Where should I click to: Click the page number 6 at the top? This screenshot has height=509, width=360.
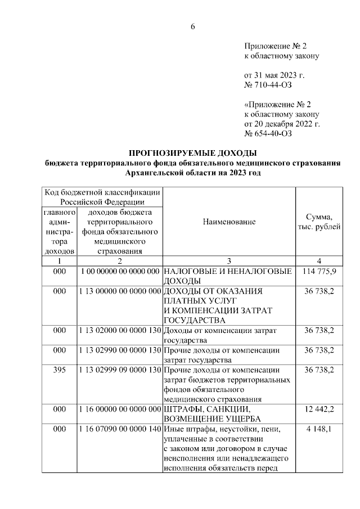(192, 26)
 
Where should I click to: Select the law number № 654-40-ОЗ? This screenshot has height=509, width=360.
(268, 134)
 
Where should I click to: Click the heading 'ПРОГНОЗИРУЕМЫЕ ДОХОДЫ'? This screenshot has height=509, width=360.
(193, 153)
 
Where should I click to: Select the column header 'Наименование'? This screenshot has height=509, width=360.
(229, 222)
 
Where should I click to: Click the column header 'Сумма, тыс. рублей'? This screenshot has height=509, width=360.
(318, 222)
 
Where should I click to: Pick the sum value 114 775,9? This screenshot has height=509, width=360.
(319, 271)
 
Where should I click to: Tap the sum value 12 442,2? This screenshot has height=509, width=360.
(319, 409)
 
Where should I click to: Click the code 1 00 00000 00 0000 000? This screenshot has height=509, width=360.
(119, 271)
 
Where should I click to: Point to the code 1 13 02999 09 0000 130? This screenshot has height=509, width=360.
(119, 370)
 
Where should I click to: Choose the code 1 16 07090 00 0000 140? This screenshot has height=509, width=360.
(119, 429)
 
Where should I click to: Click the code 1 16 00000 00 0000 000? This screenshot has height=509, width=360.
(119, 409)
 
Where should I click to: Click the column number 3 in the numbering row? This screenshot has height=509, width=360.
(229, 261)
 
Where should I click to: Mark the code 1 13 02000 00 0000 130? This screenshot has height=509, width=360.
(119, 330)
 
